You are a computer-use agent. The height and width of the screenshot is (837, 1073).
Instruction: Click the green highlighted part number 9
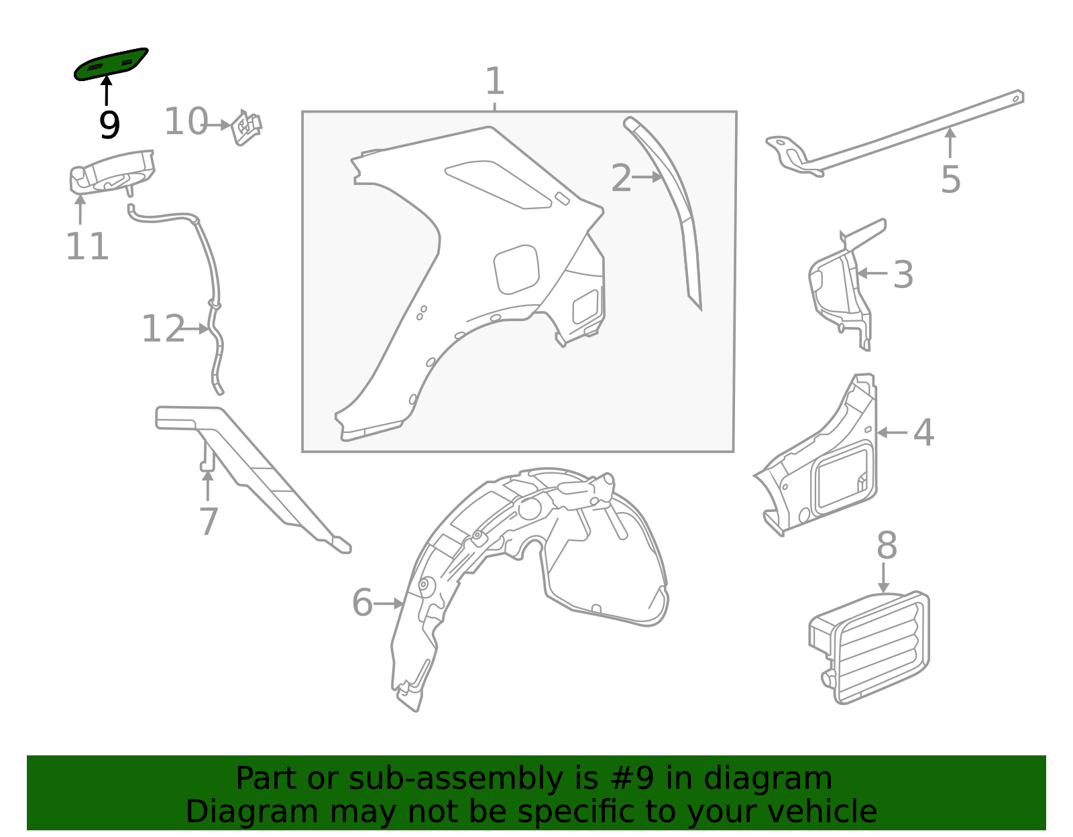click(111, 64)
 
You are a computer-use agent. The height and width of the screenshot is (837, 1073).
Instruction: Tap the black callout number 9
click(109, 125)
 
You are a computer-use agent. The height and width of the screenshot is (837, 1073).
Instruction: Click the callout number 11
click(87, 247)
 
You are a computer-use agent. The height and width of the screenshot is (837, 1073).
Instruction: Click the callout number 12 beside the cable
click(163, 329)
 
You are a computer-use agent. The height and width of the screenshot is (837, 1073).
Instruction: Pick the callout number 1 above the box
click(494, 82)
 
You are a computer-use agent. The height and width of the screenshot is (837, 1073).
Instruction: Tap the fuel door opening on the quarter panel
click(516, 269)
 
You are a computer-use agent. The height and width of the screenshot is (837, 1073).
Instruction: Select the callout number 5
click(950, 180)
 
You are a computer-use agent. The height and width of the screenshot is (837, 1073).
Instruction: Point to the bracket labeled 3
click(838, 288)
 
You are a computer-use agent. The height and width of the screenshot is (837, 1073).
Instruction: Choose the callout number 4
click(923, 433)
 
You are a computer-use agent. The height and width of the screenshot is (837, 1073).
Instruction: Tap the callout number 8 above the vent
click(887, 546)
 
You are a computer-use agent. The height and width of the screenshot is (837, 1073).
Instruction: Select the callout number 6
click(362, 602)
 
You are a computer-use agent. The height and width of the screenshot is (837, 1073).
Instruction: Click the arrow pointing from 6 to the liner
click(389, 604)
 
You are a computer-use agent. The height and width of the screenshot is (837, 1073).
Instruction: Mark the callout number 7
click(209, 522)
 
